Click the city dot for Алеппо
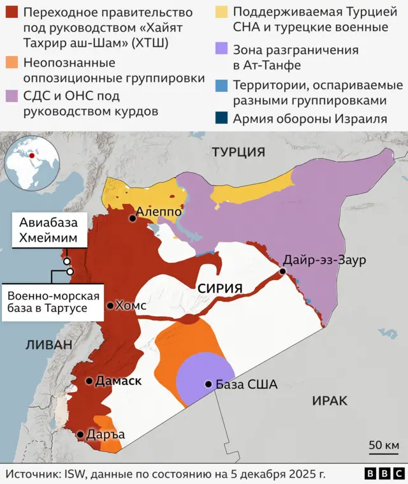(x=133, y=218)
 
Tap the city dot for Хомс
(x=110, y=305)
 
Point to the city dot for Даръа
(x=80, y=435)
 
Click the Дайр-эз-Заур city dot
(x=282, y=272)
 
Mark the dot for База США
(x=208, y=384)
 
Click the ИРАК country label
(x=330, y=400)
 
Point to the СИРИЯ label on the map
(x=220, y=288)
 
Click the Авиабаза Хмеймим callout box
(x=43, y=231)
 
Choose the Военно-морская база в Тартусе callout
(x=54, y=302)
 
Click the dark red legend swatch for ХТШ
(x=11, y=13)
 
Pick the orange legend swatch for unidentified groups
(x=11, y=62)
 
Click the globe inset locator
(x=29, y=163)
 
